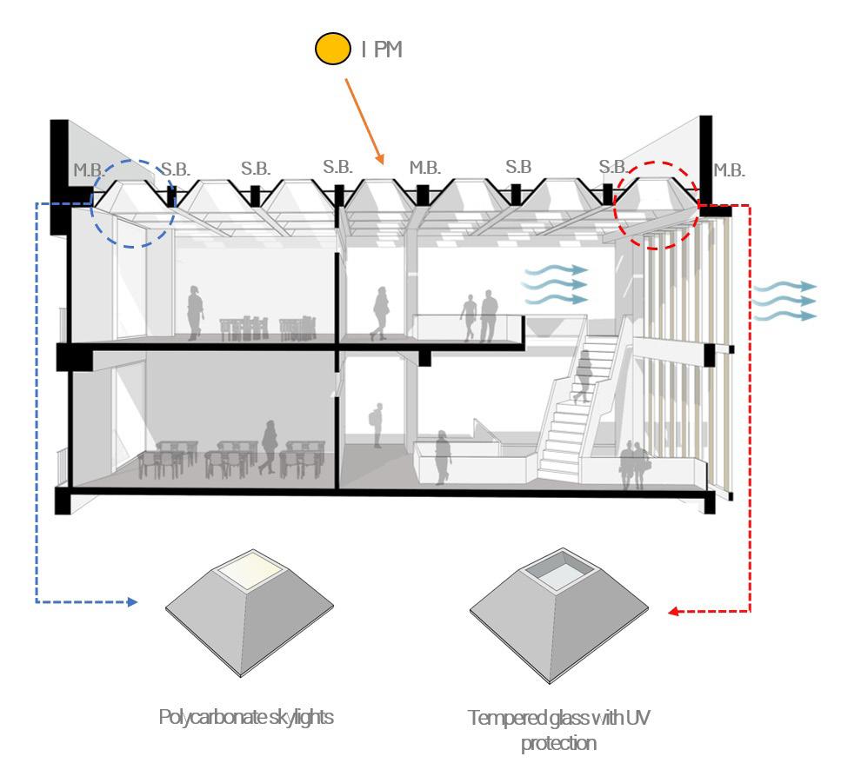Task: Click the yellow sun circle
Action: pyautogui.click(x=332, y=50)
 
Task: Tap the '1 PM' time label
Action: pyautogui.click(x=382, y=50)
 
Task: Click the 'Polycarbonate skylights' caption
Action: pyautogui.click(x=246, y=718)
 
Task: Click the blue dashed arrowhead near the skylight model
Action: pyautogui.click(x=132, y=601)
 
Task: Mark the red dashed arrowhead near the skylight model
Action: pyautogui.click(x=674, y=612)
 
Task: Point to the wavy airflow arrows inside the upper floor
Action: pyautogui.click(x=555, y=284)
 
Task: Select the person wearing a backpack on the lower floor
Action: pyautogui.click(x=377, y=424)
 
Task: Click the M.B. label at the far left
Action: pyautogui.click(x=89, y=170)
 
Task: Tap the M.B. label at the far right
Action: pyautogui.click(x=729, y=170)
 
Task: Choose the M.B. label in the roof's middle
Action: pyautogui.click(x=425, y=167)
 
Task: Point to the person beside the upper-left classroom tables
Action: pyautogui.click(x=195, y=309)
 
